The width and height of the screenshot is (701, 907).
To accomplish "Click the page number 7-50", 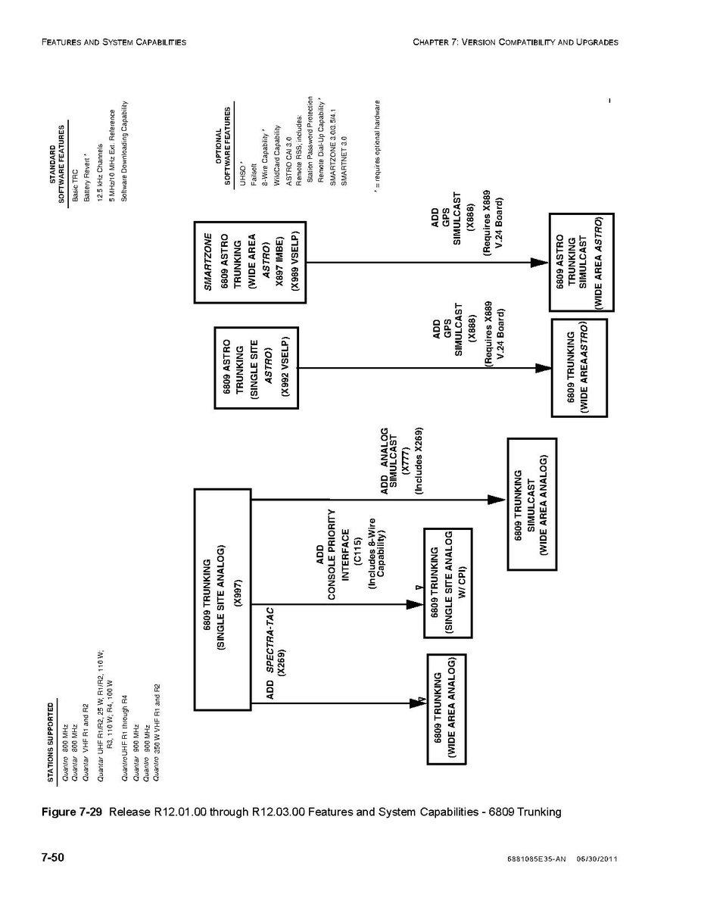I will coord(52,858).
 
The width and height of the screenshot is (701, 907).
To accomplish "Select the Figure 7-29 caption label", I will coord(72,812).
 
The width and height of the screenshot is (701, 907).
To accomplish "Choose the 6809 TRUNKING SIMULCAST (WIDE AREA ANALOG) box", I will coord(531,503).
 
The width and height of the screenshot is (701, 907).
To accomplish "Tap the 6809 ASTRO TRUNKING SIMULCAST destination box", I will coord(581,262).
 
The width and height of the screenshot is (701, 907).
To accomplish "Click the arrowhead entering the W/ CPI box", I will coord(414,604).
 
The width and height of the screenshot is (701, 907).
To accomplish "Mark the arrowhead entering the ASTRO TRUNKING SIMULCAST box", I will coord(539,262).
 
